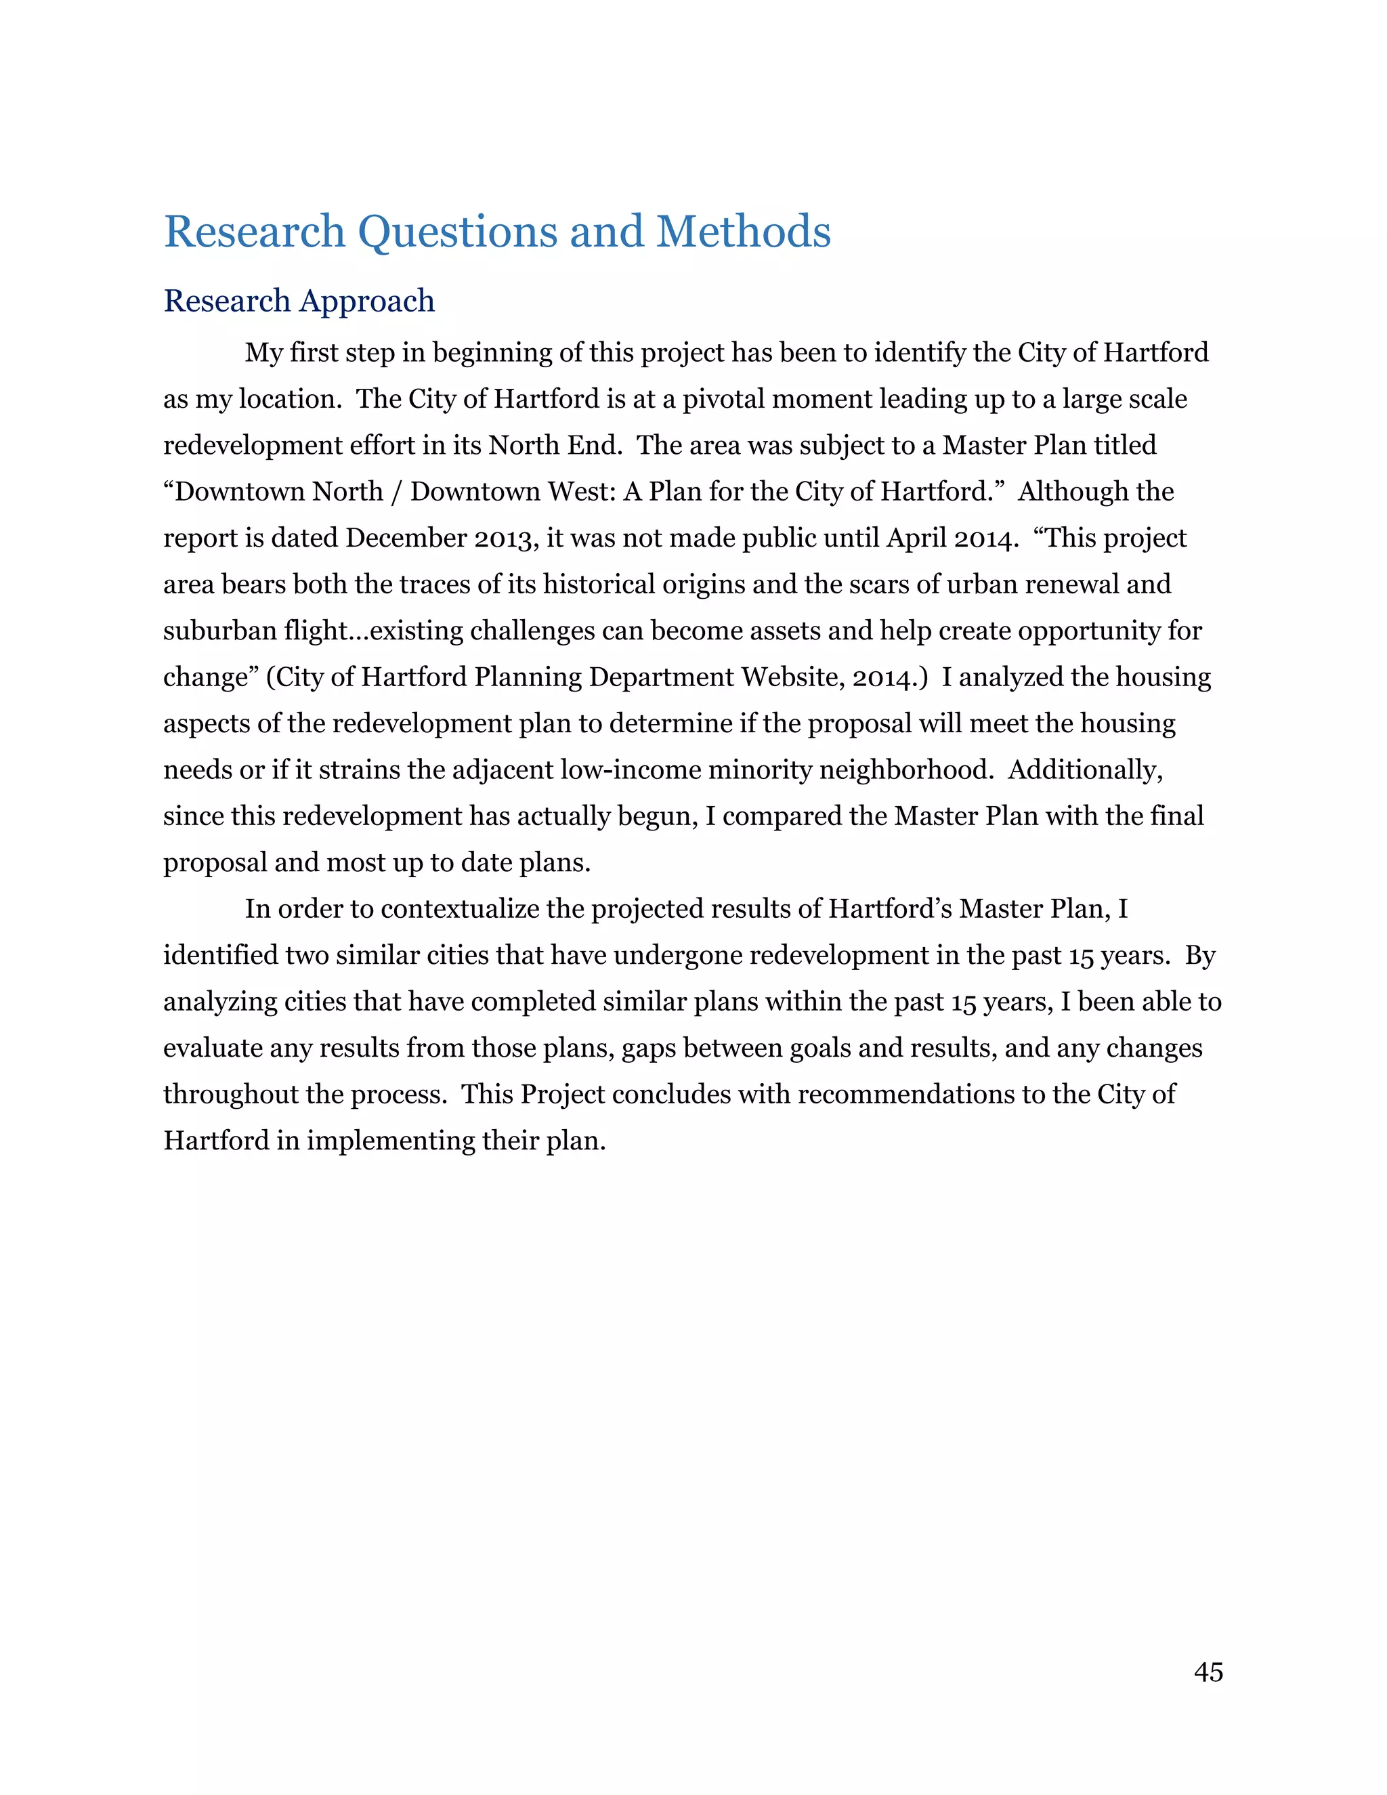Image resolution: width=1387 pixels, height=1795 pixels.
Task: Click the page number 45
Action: click(1208, 1672)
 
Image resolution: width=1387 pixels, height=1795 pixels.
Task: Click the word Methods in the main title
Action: click(743, 232)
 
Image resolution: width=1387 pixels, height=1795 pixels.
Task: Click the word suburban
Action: click(219, 631)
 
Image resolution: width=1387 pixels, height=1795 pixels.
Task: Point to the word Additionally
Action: click(1085, 770)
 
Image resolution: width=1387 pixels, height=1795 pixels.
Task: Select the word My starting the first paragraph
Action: click(263, 354)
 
